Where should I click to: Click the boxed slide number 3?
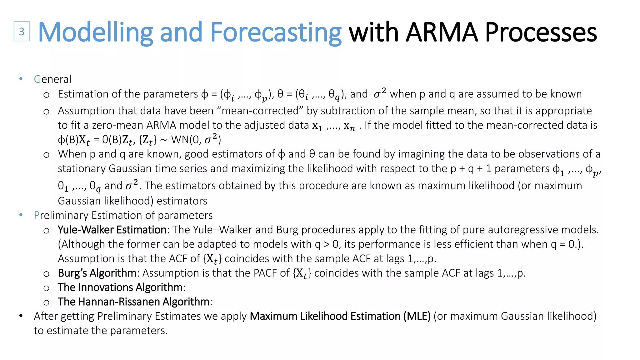[x=22, y=32]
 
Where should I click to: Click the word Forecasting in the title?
[x=276, y=32]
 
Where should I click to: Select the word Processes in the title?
[x=541, y=32]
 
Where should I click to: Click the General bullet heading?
[x=52, y=79]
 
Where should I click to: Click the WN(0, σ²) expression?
[x=196, y=139]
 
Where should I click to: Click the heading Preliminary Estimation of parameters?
[x=123, y=215]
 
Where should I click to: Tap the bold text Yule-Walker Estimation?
[x=112, y=230]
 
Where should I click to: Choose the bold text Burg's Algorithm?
[x=97, y=273]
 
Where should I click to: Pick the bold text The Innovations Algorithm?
[x=120, y=287]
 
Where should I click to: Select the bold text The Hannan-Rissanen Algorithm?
[x=133, y=302]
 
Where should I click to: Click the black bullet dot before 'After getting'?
[x=21, y=316]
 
